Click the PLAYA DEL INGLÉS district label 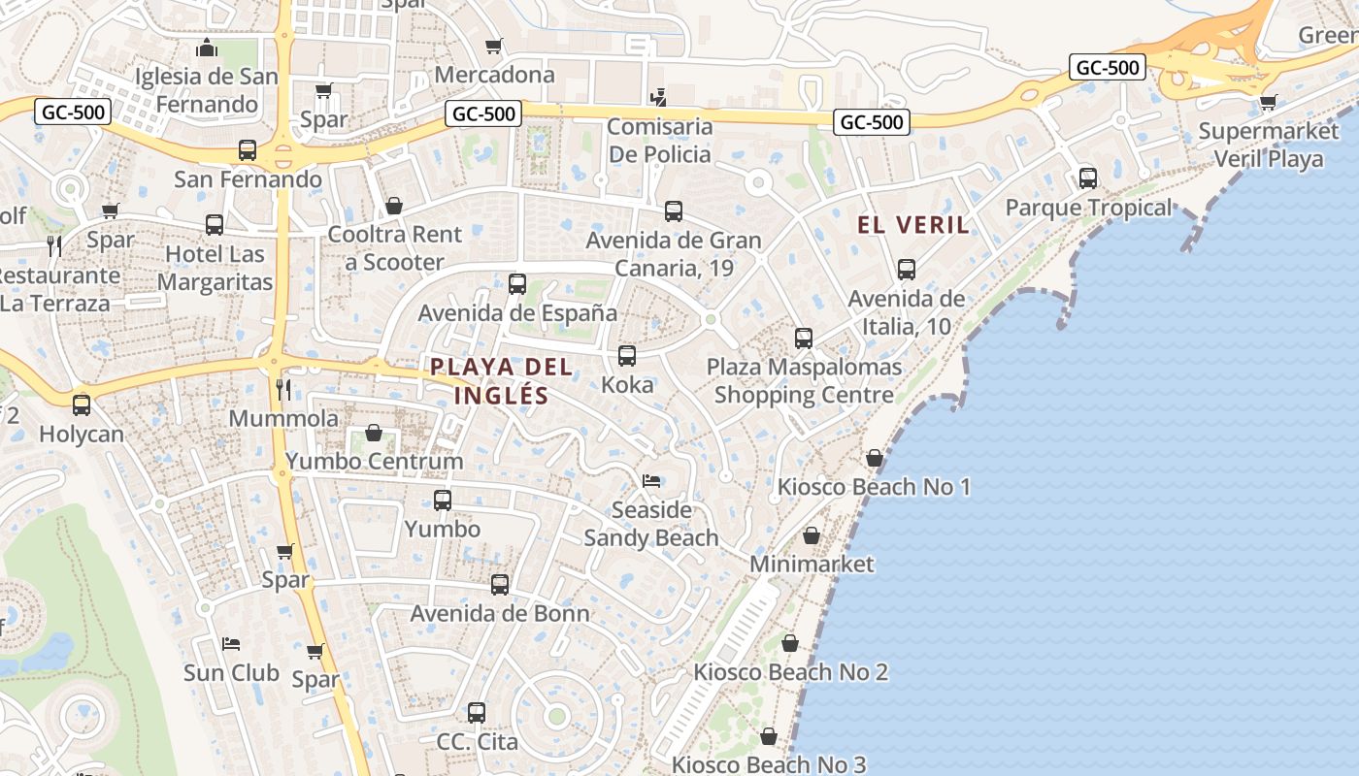(488, 381)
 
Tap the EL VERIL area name (912, 225)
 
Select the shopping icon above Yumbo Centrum (374, 433)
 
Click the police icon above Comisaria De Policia (659, 96)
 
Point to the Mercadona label (494, 75)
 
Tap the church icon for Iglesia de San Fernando (206, 48)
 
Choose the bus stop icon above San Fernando (248, 150)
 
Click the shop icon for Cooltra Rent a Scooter (393, 206)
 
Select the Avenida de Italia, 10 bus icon (906, 270)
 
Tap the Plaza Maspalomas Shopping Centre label (804, 381)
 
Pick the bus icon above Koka (627, 356)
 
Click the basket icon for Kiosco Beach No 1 (874, 458)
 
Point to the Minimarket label (812, 564)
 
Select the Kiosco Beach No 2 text (790, 672)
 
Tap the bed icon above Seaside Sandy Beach (651, 481)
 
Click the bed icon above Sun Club (231, 643)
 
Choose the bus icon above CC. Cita (477, 713)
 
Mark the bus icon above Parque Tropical (1087, 178)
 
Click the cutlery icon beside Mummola (283, 390)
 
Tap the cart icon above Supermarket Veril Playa (1268, 102)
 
